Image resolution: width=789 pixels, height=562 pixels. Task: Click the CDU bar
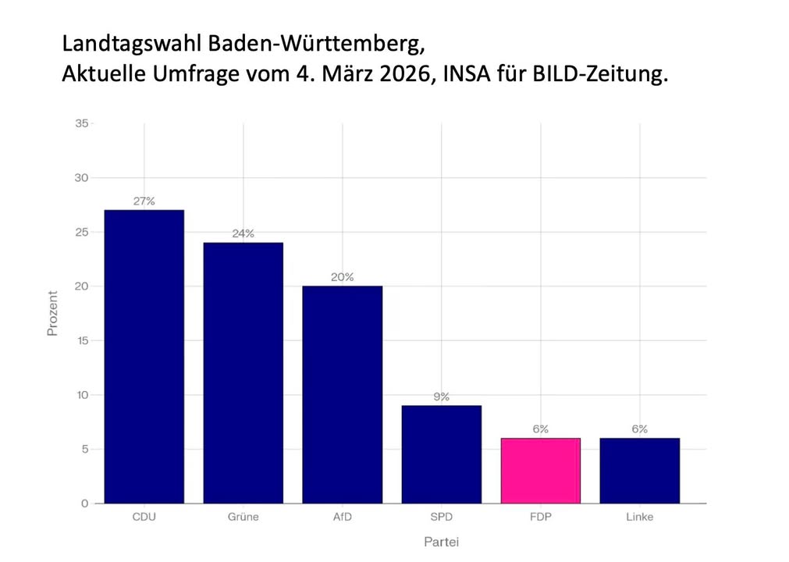coord(144,357)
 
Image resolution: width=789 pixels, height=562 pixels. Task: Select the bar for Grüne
coord(243,373)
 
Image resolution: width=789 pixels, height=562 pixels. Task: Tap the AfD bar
coord(343,394)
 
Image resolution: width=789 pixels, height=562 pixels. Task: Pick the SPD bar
coord(442,454)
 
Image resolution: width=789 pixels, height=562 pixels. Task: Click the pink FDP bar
coord(541,471)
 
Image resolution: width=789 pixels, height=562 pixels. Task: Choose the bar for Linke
coord(640,471)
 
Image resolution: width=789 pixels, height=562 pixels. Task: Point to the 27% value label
coord(144,201)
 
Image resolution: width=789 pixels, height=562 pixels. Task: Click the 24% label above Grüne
coord(243,234)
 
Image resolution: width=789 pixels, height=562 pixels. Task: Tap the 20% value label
coord(343,277)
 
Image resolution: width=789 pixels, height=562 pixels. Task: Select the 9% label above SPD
coord(442,397)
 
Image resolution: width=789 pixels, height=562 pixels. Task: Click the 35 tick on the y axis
coord(81,123)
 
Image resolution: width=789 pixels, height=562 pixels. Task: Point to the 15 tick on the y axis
coord(81,340)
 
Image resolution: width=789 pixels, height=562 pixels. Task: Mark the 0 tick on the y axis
coord(84,503)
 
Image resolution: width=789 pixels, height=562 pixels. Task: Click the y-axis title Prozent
coord(53,313)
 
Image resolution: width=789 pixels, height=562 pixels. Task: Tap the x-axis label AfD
coord(343,518)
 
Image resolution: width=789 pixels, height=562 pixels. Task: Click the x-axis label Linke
coord(640,518)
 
